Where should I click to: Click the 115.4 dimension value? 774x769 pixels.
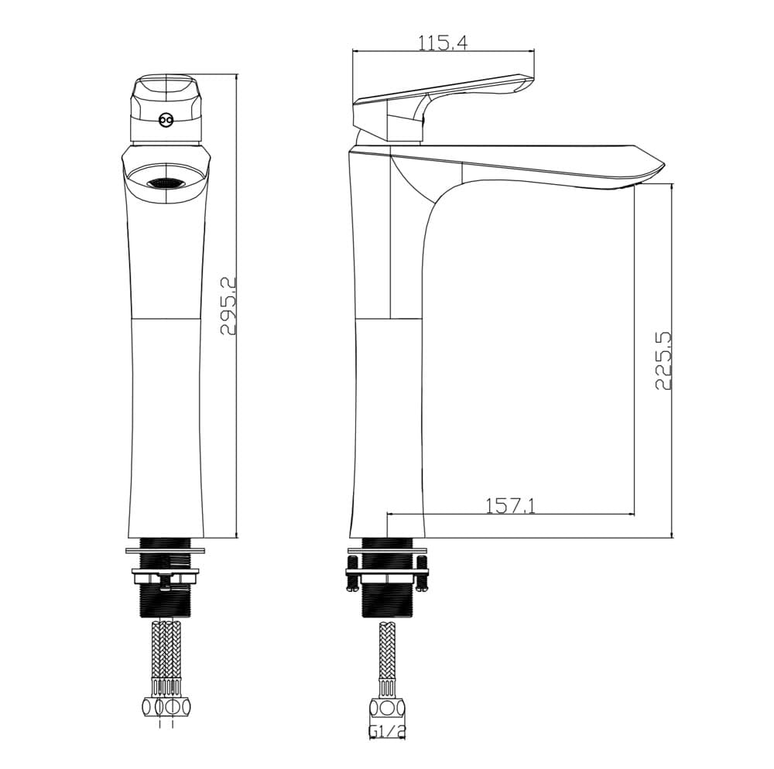pyautogui.click(x=442, y=43)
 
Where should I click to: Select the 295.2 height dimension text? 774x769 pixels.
pyautogui.click(x=228, y=306)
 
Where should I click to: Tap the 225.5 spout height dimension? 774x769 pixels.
pyautogui.click(x=663, y=361)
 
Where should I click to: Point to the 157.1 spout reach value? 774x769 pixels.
pyautogui.click(x=510, y=506)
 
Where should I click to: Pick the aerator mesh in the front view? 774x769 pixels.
pyautogui.click(x=165, y=183)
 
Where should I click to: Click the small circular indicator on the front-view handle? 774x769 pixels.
pyautogui.click(x=166, y=120)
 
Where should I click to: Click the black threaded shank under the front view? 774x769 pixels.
pyautogui.click(x=166, y=578)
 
